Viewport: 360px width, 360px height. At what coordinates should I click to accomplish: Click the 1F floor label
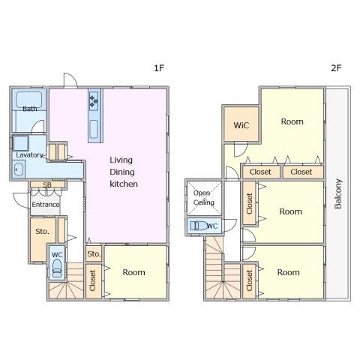tap(159, 67)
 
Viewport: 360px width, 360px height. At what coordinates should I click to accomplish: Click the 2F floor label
tap(336, 67)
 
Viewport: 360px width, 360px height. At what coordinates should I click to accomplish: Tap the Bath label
tap(30, 109)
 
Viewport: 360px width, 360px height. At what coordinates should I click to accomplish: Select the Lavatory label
tap(29, 155)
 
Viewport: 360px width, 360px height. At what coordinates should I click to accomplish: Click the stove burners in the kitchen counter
tap(94, 100)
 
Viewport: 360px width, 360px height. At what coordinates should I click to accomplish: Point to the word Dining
tap(122, 172)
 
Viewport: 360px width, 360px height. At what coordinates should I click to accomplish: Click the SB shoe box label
tap(47, 185)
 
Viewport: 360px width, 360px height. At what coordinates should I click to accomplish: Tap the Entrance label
tap(46, 205)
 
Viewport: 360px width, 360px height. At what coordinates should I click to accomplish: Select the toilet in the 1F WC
tap(57, 268)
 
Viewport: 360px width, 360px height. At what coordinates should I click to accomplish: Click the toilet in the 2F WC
tap(199, 226)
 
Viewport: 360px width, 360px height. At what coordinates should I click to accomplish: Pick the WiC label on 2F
tap(241, 125)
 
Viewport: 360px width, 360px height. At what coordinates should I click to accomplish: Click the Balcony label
tap(338, 193)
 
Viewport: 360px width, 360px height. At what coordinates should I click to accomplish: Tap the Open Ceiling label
tap(203, 197)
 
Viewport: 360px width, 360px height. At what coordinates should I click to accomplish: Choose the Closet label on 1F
tap(92, 280)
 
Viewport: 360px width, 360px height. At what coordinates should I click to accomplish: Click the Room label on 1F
tap(133, 272)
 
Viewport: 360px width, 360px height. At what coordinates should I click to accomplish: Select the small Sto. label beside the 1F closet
tap(94, 254)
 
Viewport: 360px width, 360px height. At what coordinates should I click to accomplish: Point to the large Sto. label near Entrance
tap(42, 232)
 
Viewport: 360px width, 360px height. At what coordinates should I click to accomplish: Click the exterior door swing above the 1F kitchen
tap(70, 80)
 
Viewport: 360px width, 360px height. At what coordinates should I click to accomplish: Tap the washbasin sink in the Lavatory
tap(19, 169)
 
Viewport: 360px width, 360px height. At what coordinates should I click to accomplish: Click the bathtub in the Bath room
tap(29, 100)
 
